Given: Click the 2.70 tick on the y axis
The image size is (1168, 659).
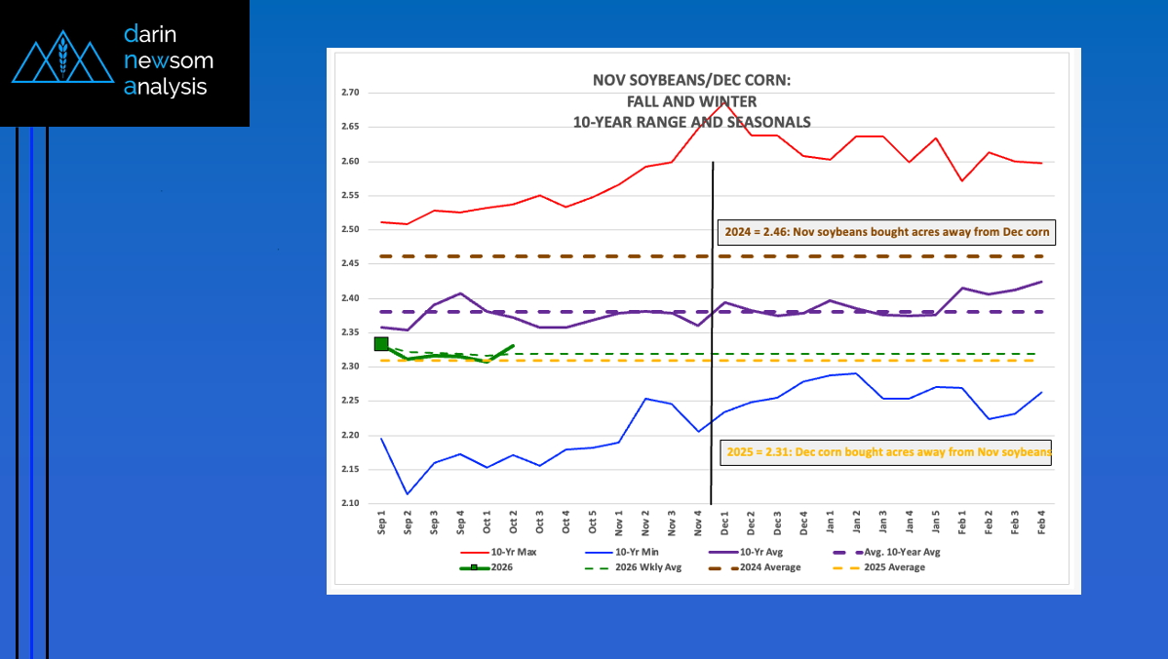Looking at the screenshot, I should pos(351,93).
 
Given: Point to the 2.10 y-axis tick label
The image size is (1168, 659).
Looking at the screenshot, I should pos(351,503).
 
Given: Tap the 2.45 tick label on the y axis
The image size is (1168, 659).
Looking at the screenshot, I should pos(351,263).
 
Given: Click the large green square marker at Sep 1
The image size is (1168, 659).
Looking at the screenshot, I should pos(381,343).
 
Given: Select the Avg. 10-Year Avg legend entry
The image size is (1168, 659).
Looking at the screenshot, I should pos(898,552).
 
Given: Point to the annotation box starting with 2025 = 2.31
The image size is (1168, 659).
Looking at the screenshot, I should pos(885,452).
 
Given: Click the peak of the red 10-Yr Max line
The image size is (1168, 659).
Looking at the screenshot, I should pos(723,101).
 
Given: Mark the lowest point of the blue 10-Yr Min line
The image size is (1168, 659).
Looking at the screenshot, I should pos(408,493).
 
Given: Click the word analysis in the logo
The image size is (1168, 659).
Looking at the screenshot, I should pos(167,87).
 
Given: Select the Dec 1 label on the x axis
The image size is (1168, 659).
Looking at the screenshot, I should pos(723,526).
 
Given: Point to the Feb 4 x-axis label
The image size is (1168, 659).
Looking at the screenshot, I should pos(1041,526).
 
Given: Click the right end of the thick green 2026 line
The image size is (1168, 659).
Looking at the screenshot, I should pos(513,345).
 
